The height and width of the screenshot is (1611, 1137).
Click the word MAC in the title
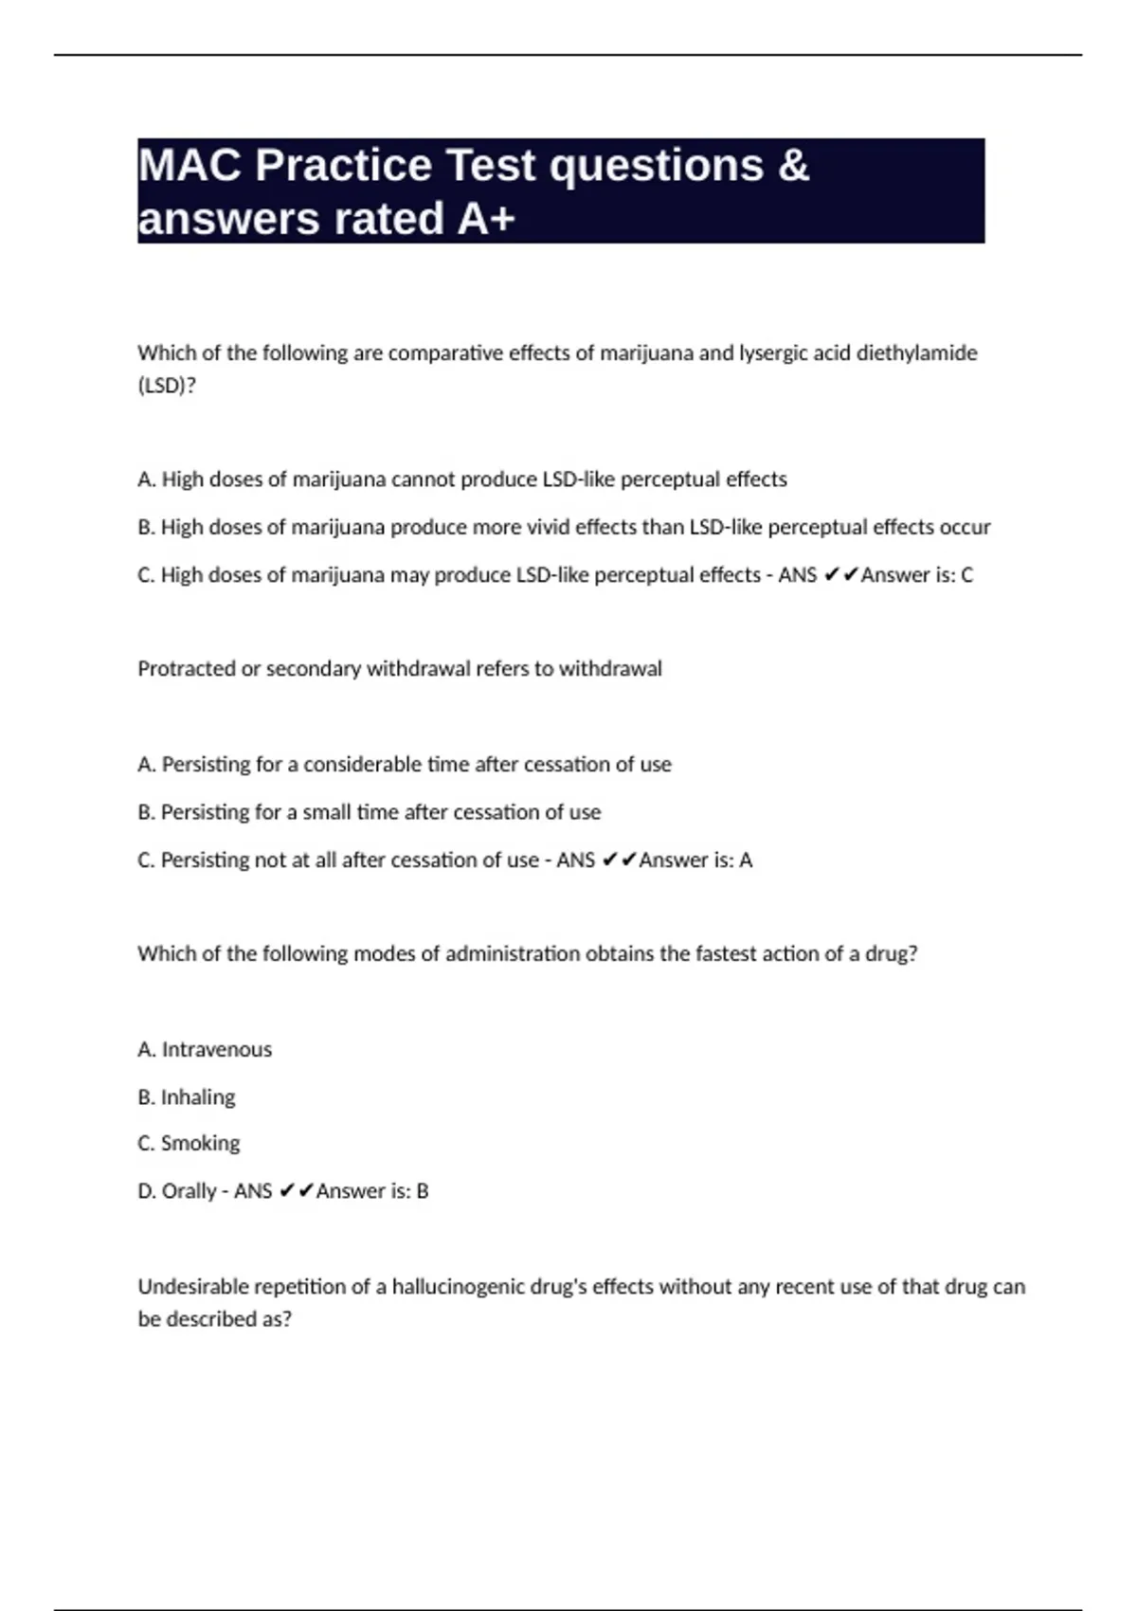click(189, 166)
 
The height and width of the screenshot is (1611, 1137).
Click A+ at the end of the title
click(486, 219)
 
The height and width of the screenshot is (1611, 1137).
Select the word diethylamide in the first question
click(916, 353)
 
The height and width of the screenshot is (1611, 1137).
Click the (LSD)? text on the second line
click(167, 386)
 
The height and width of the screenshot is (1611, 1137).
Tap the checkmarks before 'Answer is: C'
click(841, 575)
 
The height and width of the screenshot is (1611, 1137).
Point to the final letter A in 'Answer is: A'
click(746, 860)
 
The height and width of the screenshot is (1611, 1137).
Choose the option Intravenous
click(216, 1050)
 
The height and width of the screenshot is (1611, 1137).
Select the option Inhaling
click(197, 1097)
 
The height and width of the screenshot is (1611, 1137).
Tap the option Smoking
click(200, 1144)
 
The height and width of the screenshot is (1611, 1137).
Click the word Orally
click(189, 1191)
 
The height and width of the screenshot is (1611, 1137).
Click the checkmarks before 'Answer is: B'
click(297, 1191)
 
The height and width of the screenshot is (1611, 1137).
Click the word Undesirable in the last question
click(190, 1287)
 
